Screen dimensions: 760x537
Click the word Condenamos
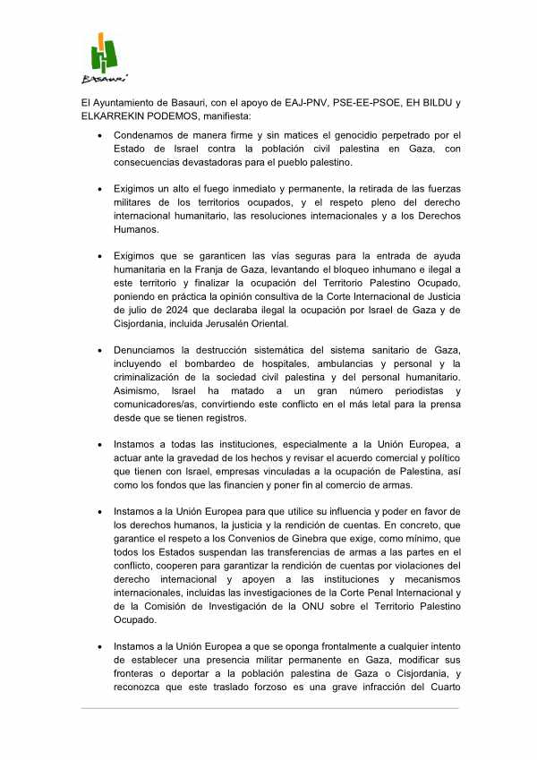pyautogui.click(x=146, y=135)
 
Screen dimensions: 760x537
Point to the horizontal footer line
pyautogui.click(x=268, y=709)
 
